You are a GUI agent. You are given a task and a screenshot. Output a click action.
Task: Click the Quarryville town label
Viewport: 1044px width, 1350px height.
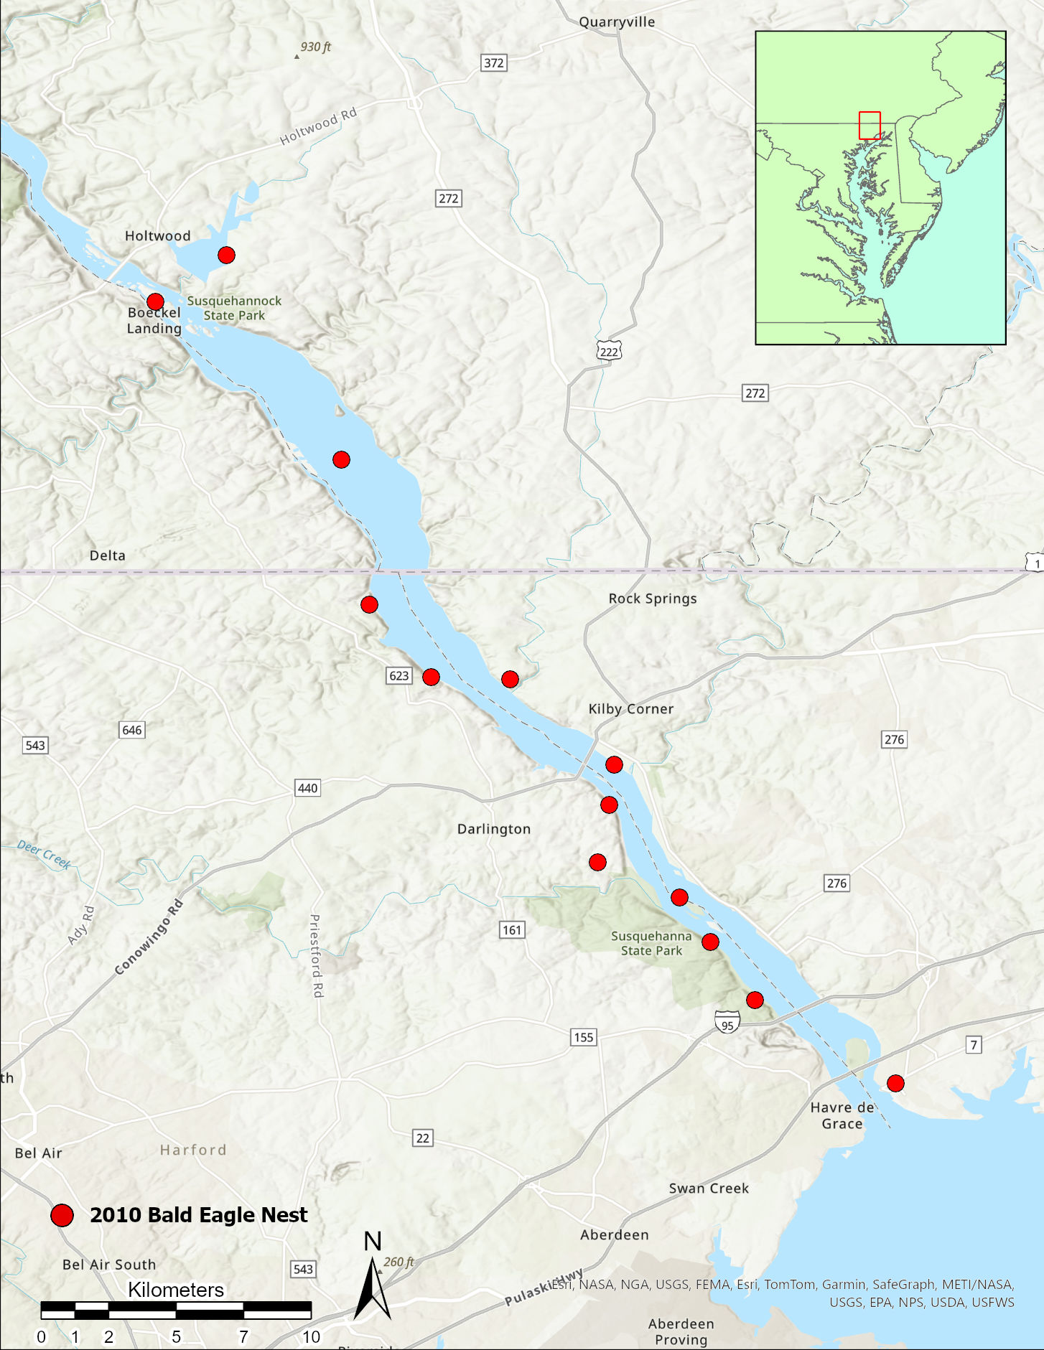click(x=617, y=22)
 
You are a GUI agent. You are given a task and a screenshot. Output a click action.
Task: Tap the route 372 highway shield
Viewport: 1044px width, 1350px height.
click(x=493, y=62)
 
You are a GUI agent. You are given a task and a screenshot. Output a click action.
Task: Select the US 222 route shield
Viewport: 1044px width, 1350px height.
click(x=609, y=351)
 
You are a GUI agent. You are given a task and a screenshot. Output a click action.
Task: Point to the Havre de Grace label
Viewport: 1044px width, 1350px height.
click(x=842, y=1115)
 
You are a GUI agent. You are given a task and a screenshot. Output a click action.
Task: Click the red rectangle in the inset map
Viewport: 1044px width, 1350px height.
click(x=870, y=126)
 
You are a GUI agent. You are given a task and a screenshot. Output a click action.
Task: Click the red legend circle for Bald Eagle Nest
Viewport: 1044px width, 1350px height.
click(x=62, y=1215)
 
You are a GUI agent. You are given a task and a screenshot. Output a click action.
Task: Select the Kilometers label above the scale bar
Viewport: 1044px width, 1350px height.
click(x=176, y=1290)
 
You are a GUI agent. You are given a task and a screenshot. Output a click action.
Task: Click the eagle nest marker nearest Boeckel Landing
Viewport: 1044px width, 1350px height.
click(x=155, y=301)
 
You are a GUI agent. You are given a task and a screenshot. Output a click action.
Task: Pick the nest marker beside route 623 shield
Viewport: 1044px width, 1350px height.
click(x=431, y=677)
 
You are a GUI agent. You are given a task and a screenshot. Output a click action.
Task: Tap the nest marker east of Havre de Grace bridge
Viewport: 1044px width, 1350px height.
click(x=895, y=1083)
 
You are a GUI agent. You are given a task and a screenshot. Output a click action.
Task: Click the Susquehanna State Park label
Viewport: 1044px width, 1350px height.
click(x=651, y=943)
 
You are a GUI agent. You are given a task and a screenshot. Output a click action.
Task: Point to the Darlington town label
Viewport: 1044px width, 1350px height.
click(x=494, y=829)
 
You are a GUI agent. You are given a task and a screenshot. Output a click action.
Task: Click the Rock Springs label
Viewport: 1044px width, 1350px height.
click(x=653, y=599)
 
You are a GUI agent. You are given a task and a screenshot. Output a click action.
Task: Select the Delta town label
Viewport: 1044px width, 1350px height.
click(x=108, y=556)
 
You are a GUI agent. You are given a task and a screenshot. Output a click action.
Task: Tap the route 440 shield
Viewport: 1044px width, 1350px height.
click(x=307, y=788)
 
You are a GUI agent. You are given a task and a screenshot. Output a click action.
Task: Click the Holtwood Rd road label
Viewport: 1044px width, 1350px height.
click(x=317, y=126)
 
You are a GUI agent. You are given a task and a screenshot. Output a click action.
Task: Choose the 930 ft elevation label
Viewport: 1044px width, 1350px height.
click(x=315, y=47)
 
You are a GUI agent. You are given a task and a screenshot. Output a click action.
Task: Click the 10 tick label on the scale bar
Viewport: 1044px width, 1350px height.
click(x=311, y=1336)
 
